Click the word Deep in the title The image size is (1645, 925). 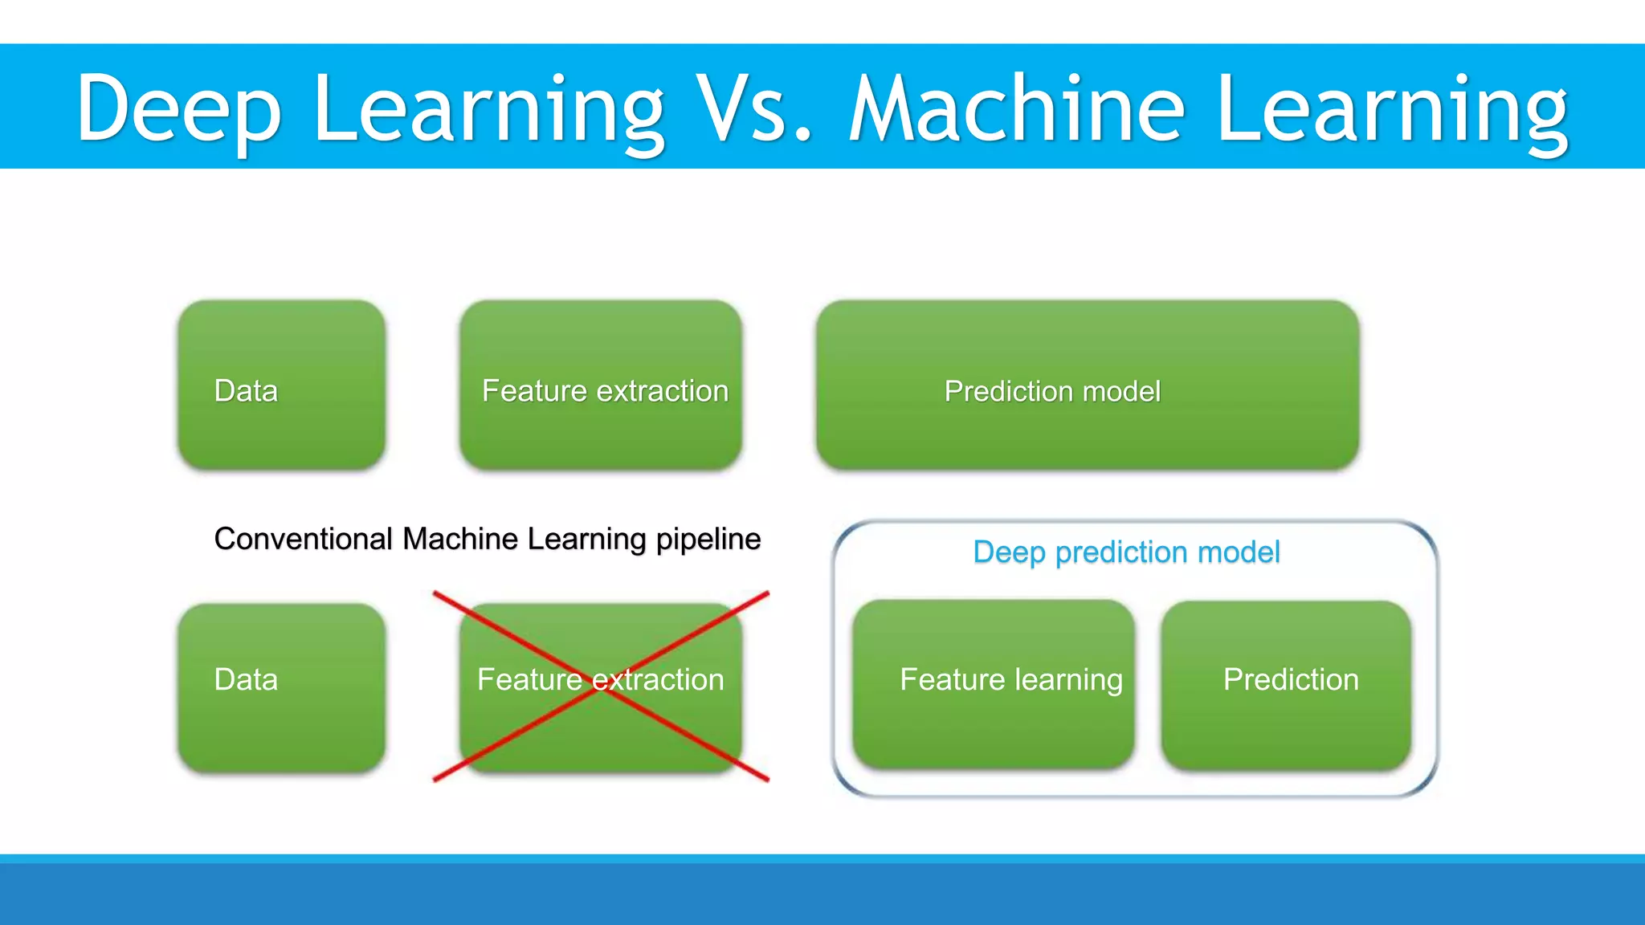[x=178, y=108]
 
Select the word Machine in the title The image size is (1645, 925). [x=1017, y=108]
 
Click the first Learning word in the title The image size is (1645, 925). [x=488, y=108]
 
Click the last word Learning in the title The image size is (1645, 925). [x=1391, y=108]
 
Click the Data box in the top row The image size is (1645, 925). [x=281, y=385]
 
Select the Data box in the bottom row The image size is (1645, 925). [x=281, y=688]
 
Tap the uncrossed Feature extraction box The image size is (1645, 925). [x=601, y=385]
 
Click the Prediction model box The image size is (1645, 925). [x=1088, y=385]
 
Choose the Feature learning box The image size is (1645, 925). [x=994, y=684]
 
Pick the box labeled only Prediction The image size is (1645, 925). [x=1286, y=684]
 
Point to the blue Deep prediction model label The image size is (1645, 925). [x=1126, y=552]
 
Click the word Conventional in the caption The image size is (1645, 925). [x=303, y=539]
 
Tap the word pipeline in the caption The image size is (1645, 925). [x=708, y=540]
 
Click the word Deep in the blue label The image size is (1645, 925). [x=1009, y=552]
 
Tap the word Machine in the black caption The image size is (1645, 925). [x=461, y=539]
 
